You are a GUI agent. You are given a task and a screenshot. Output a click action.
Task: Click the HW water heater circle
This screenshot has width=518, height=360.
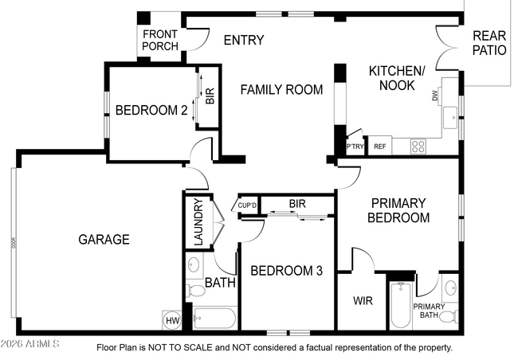pyautogui.click(x=172, y=320)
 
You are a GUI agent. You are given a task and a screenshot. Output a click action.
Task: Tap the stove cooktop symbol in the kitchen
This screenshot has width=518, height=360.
pyautogui.click(x=418, y=147)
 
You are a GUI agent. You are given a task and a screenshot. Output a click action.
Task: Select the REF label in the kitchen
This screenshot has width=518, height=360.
pyautogui.click(x=380, y=147)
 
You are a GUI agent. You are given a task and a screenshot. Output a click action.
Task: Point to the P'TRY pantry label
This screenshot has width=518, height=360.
pyautogui.click(x=355, y=147)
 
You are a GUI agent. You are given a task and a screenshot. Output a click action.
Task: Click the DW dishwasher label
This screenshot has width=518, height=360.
pyautogui.click(x=435, y=96)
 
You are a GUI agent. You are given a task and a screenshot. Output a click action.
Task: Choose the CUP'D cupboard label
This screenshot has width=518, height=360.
pyautogui.click(x=248, y=206)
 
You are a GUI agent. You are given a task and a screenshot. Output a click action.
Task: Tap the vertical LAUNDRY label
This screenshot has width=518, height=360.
pyautogui.click(x=198, y=221)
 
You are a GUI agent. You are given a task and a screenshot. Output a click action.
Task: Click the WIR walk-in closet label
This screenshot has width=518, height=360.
pyautogui.click(x=363, y=301)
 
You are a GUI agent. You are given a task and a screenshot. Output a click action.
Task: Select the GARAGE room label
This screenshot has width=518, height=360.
pyautogui.click(x=104, y=239)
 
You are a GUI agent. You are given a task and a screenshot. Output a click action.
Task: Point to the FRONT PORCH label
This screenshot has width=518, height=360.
pyautogui.click(x=160, y=40)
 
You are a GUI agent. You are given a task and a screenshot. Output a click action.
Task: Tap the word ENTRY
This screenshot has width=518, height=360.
pyautogui.click(x=243, y=41)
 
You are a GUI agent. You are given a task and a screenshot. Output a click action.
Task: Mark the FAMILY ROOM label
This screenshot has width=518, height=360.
pyautogui.click(x=282, y=90)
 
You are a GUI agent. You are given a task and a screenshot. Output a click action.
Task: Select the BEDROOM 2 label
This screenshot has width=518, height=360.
pyautogui.click(x=151, y=111)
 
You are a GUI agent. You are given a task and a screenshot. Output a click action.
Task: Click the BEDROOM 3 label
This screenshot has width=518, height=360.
pyautogui.click(x=286, y=271)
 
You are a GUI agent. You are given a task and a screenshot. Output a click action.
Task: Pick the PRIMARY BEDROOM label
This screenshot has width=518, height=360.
pyautogui.click(x=399, y=210)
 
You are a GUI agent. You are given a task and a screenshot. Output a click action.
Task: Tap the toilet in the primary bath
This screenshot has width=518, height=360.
pyautogui.click(x=449, y=317)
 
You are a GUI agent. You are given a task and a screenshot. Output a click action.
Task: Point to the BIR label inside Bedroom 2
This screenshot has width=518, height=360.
pyautogui.click(x=210, y=97)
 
